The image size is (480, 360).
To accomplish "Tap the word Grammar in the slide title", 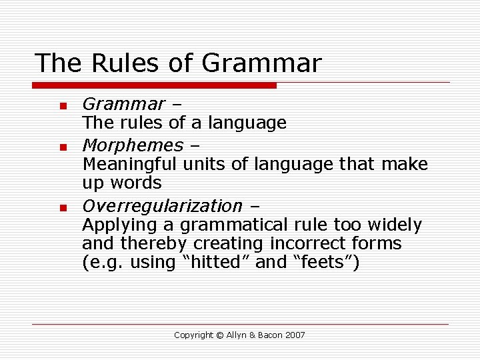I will point(261,63).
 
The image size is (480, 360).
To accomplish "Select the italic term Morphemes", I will point(133,145).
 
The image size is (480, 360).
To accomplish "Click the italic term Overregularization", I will point(162,206).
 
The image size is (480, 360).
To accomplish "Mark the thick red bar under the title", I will point(155,85).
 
